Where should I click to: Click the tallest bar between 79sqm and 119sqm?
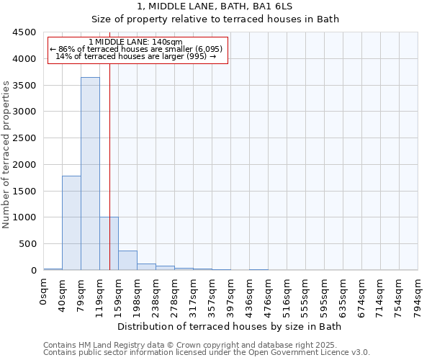pyautogui.click(x=90, y=173)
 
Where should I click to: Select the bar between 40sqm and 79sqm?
pyautogui.click(x=71, y=222)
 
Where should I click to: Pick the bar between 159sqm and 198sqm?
pyautogui.click(x=127, y=260)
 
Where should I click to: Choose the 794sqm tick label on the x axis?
pyautogui.click(x=418, y=296)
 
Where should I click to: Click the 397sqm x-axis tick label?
pyautogui.click(x=231, y=296)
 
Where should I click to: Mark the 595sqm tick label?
pyautogui.click(x=325, y=296)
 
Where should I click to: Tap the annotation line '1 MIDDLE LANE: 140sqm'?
pyautogui.click(x=138, y=42)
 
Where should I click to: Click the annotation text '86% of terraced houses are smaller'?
pyautogui.click(x=138, y=49)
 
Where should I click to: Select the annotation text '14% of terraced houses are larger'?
pyautogui.click(x=138, y=56)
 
